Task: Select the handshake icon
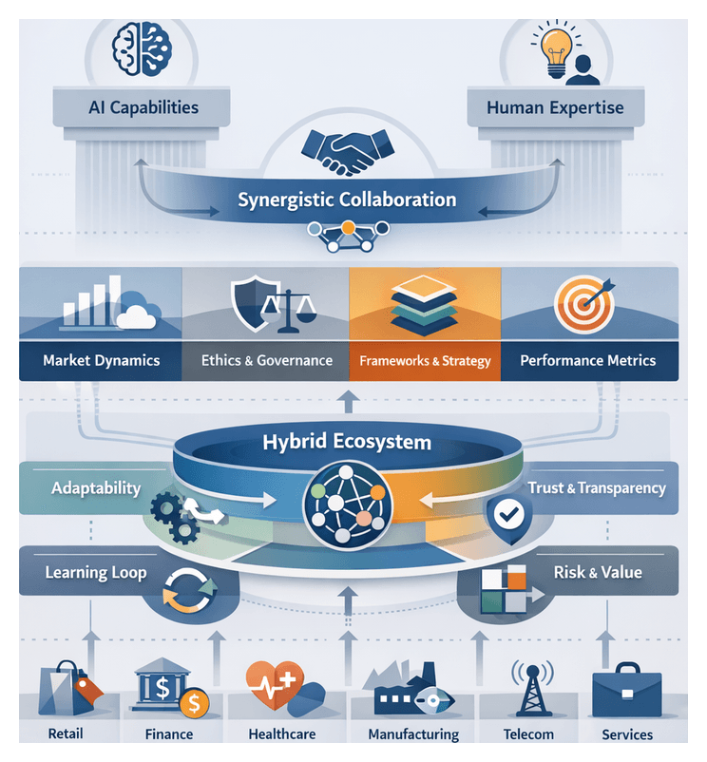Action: (x=349, y=150)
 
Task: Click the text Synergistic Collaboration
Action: (x=347, y=200)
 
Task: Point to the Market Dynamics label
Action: (x=101, y=361)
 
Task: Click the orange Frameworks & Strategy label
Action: (x=425, y=361)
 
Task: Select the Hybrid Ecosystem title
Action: (x=347, y=442)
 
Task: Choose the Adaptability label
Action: (x=95, y=488)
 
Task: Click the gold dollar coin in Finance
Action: (x=194, y=704)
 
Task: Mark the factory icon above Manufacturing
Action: (x=399, y=695)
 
